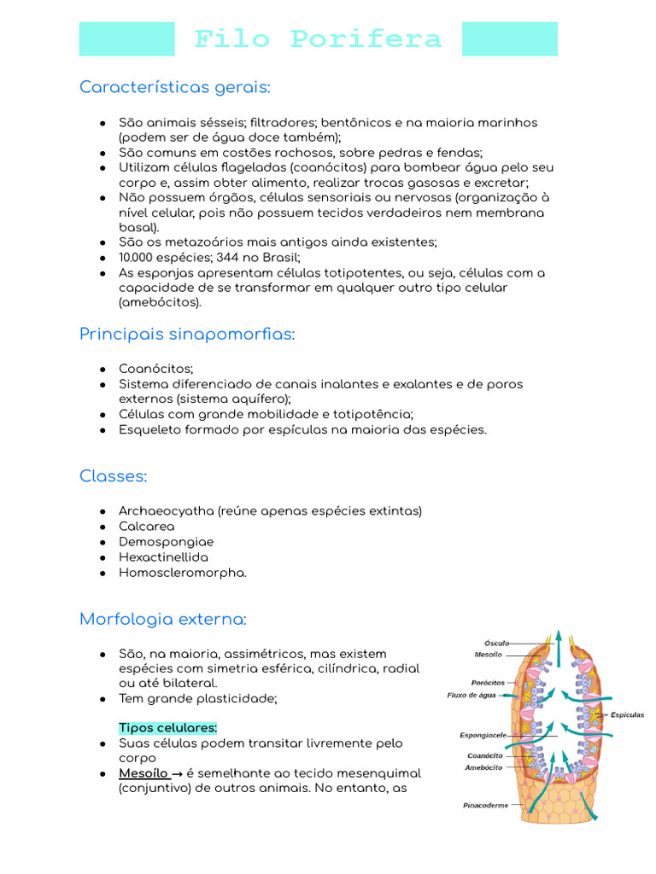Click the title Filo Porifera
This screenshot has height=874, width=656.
(x=318, y=39)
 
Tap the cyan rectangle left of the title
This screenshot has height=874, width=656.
(x=126, y=39)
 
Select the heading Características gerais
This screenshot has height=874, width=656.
(x=174, y=87)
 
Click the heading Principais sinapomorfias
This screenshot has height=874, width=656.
(x=187, y=334)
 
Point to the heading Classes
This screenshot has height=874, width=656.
(x=113, y=475)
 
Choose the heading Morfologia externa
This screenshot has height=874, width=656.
(x=162, y=619)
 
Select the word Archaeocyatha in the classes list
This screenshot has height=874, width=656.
(x=167, y=511)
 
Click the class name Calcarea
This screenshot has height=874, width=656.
(x=147, y=527)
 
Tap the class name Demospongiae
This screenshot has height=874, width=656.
(x=167, y=542)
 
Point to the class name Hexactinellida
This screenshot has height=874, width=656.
(x=164, y=557)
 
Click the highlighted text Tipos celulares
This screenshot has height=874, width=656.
(x=168, y=728)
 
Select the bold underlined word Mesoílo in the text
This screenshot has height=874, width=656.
(x=143, y=773)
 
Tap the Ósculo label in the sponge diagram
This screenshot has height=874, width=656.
(x=496, y=643)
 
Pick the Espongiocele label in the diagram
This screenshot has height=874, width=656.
(x=483, y=734)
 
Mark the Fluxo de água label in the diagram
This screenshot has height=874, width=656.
(x=471, y=695)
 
